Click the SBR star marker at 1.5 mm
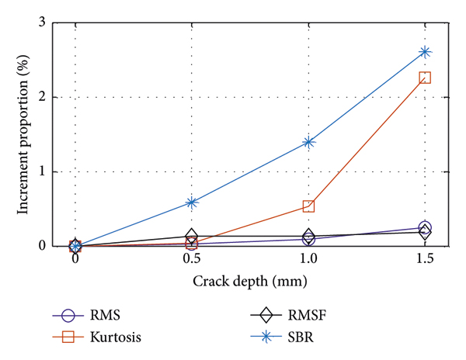425,52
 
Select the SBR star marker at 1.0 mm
308,142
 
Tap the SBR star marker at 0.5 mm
192,202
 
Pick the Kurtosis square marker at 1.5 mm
425,78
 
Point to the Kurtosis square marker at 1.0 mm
308,206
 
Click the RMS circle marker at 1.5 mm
425,228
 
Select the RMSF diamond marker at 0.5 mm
192,236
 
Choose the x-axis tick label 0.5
192,258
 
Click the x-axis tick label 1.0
308,258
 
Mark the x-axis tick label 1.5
425,258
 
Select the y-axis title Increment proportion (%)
22,134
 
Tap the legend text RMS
110,316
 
